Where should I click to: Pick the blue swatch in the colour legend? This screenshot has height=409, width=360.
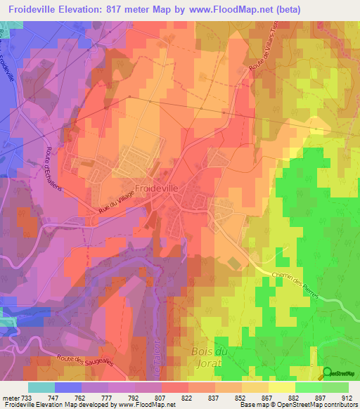click(68, 387)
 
